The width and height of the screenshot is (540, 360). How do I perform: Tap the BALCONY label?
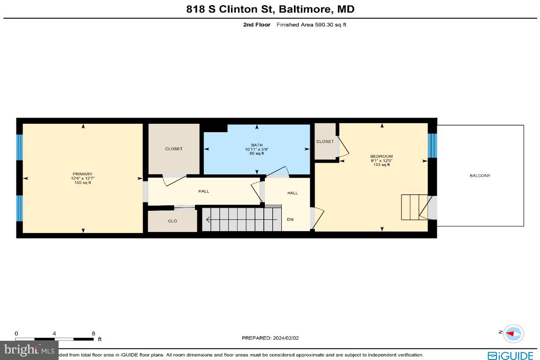[480, 176]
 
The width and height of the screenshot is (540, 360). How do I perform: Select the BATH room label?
[256, 145]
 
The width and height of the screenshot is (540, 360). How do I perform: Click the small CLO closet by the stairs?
[172, 221]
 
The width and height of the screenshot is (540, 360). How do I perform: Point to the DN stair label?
[290, 219]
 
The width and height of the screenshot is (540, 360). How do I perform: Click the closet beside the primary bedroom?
[173, 149]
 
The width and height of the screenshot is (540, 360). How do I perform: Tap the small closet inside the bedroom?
[325, 142]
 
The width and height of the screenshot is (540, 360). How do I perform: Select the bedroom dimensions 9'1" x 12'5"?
[381, 161]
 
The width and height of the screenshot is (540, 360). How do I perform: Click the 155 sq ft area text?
[82, 183]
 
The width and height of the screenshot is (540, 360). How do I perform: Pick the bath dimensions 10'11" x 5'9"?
[256, 150]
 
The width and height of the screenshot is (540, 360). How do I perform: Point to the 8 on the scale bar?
[94, 333]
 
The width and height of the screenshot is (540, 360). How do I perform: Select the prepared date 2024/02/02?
[270, 337]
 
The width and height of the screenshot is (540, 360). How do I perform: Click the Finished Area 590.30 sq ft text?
[311, 25]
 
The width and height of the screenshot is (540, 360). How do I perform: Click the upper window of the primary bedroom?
[19, 147]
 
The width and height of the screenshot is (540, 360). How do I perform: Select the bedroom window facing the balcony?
[432, 145]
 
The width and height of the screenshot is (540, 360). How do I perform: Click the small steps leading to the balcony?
[414, 207]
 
